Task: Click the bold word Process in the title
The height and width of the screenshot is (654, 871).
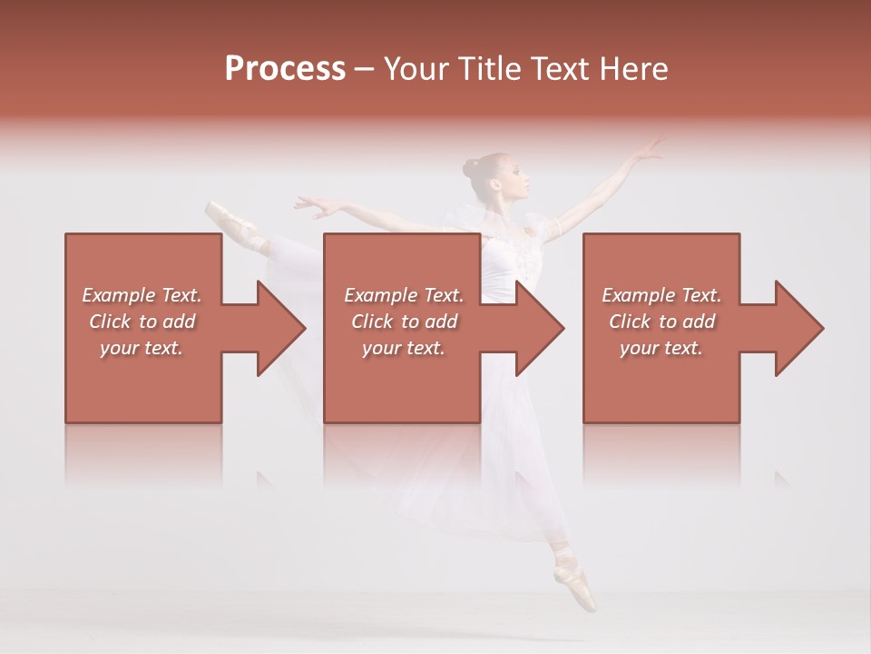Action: click(285, 69)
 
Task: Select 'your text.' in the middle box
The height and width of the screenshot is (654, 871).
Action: click(403, 348)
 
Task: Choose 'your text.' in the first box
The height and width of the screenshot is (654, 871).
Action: click(141, 348)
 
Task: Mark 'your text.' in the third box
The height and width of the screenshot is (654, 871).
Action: click(661, 348)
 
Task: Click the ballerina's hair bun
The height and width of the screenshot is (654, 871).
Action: click(470, 168)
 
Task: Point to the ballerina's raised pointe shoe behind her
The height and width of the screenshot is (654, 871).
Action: click(220, 214)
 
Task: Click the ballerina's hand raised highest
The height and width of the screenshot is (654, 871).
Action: click(650, 149)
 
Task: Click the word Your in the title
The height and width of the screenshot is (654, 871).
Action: click(413, 69)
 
